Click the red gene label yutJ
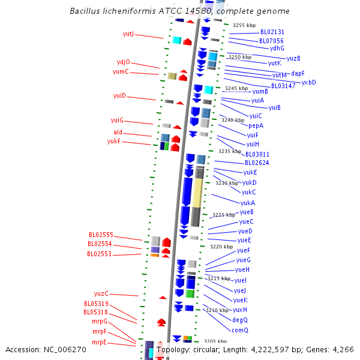tap(128, 34)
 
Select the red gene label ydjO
tap(123, 62)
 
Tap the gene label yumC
tap(121, 72)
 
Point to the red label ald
tap(118, 132)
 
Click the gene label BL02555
tap(101, 235)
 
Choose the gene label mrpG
tap(100, 322)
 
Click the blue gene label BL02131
tap(272, 32)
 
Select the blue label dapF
tap(298, 73)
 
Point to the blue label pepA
tap(256, 125)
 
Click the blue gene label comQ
tap(240, 330)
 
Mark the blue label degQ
tap(240, 320)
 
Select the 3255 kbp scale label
tap(244, 25)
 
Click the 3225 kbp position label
tap(224, 214)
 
